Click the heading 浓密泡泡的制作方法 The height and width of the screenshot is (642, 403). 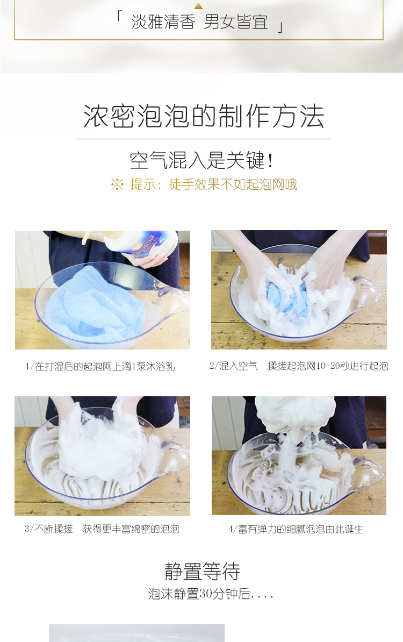click(x=204, y=116)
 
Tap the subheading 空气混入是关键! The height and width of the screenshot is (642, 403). click(x=201, y=160)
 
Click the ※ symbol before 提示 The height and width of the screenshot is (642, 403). click(x=117, y=184)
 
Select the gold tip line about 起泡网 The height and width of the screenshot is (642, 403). click(x=204, y=184)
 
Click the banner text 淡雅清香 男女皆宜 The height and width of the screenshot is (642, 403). click(x=199, y=22)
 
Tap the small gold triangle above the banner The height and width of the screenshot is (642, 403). click(x=198, y=6)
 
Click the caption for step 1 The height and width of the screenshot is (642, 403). click(x=100, y=367)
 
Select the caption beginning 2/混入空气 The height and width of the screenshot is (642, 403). click(x=299, y=366)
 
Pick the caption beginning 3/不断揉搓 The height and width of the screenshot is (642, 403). click(x=102, y=529)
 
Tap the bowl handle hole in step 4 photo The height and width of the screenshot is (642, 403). click(x=360, y=461)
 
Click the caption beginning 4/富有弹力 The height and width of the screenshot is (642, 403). click(x=296, y=530)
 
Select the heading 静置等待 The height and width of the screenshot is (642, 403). click(x=202, y=571)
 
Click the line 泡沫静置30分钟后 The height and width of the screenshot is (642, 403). click(x=210, y=594)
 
